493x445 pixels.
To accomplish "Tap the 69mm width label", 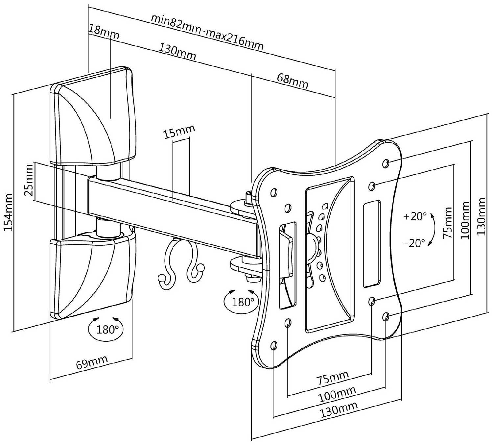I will (92, 363).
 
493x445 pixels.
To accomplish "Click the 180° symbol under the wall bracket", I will (106, 329).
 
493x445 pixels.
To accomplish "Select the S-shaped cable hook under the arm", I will (177, 263).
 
